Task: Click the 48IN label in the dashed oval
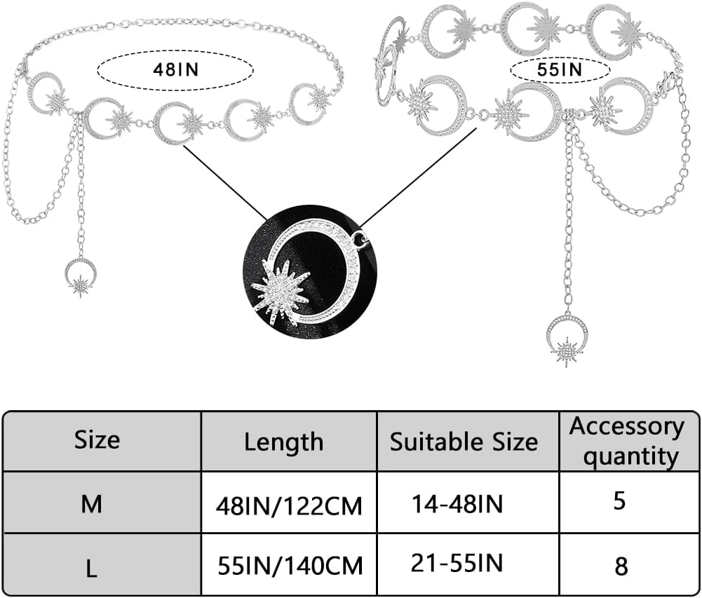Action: point(175,70)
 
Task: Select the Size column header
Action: point(97,440)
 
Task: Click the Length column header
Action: point(283,442)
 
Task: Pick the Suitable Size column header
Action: point(464,442)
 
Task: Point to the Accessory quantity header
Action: point(626,441)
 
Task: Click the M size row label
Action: point(91,504)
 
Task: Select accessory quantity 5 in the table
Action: point(619,502)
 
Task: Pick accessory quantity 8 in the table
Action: point(621,565)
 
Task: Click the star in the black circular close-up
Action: point(281,290)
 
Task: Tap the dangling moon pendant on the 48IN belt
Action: point(81,276)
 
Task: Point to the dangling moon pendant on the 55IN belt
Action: point(567,338)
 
